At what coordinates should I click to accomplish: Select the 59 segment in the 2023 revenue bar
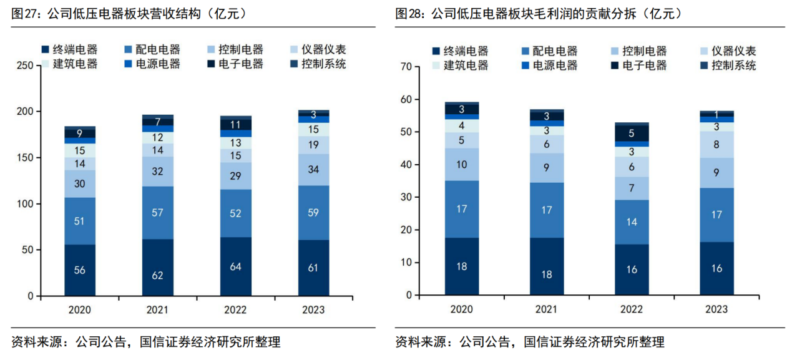click(x=313, y=212)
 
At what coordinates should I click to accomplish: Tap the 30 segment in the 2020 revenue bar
click(x=80, y=184)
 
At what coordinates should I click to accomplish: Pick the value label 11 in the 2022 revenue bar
click(x=235, y=124)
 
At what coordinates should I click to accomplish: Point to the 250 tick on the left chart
click(x=26, y=66)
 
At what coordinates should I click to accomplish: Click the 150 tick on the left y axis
click(x=26, y=158)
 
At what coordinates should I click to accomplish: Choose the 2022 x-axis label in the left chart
click(x=235, y=309)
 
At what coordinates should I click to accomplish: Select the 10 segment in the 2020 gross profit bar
click(x=462, y=165)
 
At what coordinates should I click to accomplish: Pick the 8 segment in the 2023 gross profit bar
click(x=716, y=144)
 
